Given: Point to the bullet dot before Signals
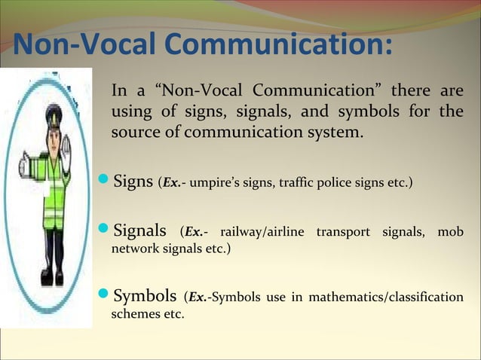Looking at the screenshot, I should [x=105, y=228].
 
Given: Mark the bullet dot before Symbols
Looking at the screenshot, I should [x=105, y=296].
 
